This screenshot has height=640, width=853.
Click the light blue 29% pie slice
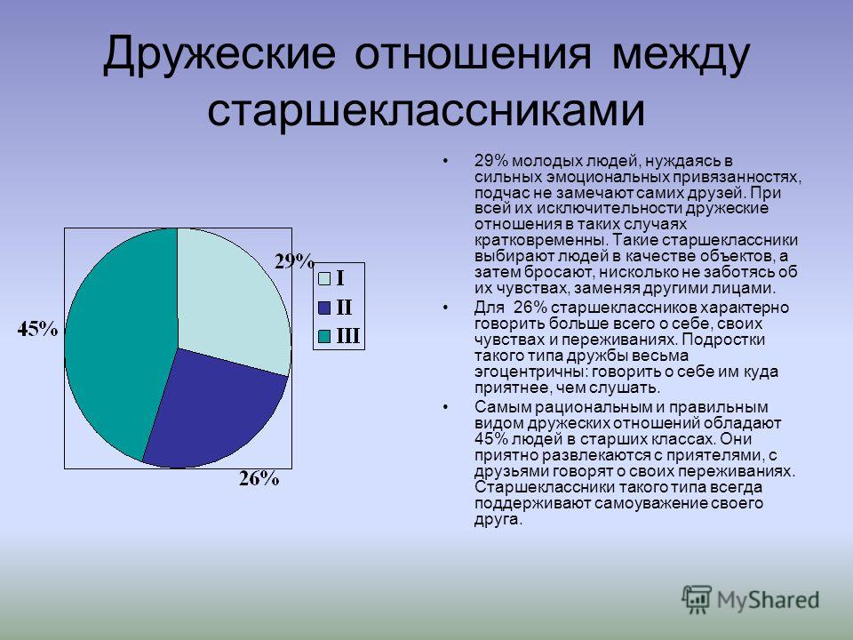coord(231,297)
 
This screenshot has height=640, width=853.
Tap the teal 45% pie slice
coord(120,343)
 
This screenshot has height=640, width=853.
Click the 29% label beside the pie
coord(294,261)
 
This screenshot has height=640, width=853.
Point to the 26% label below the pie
coord(259,478)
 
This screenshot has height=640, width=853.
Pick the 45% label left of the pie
coord(37,329)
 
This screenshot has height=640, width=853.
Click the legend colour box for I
coord(324,278)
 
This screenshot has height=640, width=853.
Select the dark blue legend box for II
coord(324,308)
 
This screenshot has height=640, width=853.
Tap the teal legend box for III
coord(324,337)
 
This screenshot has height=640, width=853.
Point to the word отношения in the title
coord(473,55)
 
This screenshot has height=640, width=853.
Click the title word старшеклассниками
coord(426,112)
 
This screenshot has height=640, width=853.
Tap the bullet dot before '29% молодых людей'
coord(446,161)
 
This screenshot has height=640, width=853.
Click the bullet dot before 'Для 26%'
coord(446,308)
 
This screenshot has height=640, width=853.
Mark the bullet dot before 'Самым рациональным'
coord(446,407)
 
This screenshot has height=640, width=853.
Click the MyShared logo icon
coord(697,600)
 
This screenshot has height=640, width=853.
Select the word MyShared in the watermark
coord(768,600)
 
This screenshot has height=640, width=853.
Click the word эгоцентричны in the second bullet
coord(531,372)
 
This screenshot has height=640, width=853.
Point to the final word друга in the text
coord(498,520)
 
